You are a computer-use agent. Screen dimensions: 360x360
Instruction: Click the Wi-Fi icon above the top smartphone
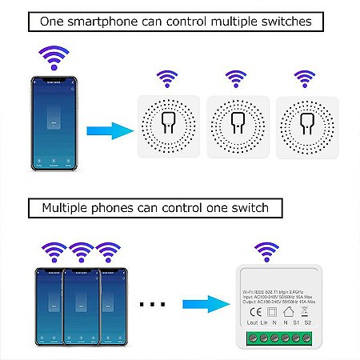pos(54,59)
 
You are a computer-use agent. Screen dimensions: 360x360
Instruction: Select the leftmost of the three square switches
pos(168,126)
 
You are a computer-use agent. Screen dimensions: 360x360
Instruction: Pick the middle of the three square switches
pos(236,126)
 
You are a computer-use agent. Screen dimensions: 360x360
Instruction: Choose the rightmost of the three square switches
pos(304,126)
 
